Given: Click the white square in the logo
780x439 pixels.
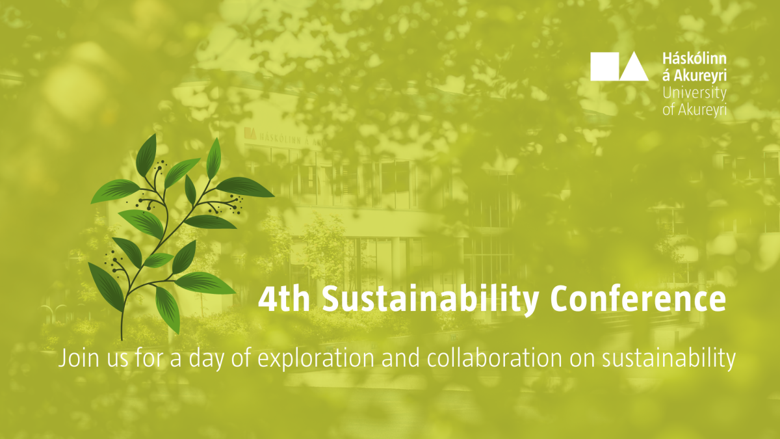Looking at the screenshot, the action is pyautogui.click(x=605, y=66).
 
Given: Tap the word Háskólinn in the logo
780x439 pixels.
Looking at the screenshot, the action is pyautogui.click(x=694, y=59).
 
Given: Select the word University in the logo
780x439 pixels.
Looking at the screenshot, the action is pyautogui.click(x=694, y=94).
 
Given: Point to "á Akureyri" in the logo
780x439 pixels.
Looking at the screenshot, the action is pyautogui.click(x=694, y=75).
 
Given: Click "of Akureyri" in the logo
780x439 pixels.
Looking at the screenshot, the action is pyautogui.click(x=694, y=110).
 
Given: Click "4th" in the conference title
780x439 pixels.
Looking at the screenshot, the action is pyautogui.click(x=284, y=299).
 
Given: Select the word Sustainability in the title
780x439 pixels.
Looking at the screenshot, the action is pyautogui.click(x=430, y=300).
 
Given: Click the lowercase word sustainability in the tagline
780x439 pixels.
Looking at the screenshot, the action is pyautogui.click(x=669, y=359).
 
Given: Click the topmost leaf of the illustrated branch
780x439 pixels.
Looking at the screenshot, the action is pyautogui.click(x=146, y=155).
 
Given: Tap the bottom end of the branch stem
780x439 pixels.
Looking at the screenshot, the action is pyautogui.click(x=122, y=339).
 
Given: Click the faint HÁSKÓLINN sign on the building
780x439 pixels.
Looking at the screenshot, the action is pyautogui.click(x=285, y=136).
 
